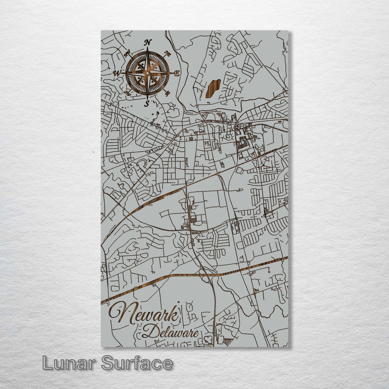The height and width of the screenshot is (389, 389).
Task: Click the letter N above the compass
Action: (x=148, y=42)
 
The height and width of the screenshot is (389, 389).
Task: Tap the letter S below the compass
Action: (x=147, y=103)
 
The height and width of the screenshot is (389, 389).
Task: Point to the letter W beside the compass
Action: (x=117, y=73)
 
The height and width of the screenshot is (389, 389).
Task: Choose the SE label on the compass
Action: (x=168, y=93)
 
